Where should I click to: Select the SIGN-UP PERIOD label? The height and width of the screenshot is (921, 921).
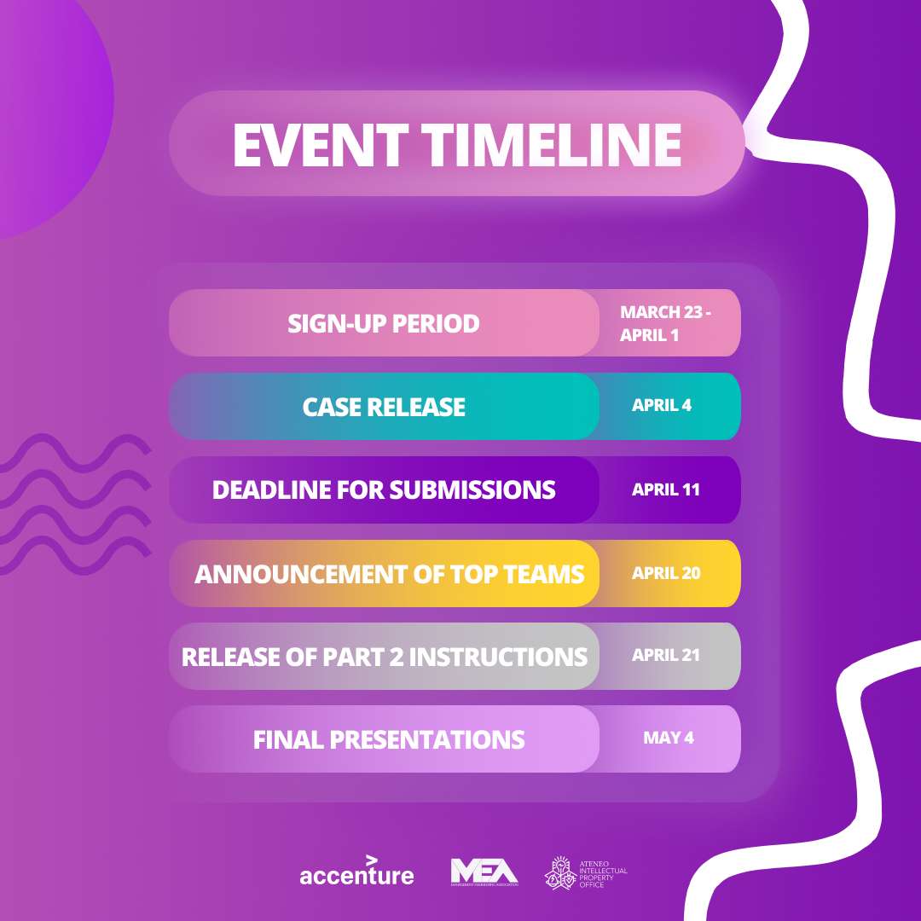tap(384, 323)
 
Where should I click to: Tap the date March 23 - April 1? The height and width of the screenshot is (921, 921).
tap(665, 323)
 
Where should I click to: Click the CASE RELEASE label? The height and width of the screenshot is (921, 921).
tap(384, 407)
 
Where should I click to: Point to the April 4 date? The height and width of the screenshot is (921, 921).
tap(662, 406)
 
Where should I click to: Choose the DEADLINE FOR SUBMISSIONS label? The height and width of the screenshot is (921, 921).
tap(384, 489)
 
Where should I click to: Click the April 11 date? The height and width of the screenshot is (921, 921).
tap(665, 490)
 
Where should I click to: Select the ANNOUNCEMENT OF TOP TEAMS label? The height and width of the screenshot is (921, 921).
tap(389, 574)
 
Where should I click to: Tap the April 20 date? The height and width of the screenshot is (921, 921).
tap(666, 574)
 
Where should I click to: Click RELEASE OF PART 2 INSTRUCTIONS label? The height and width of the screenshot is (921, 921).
tap(385, 657)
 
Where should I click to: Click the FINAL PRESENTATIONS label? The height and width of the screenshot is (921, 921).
tap(389, 739)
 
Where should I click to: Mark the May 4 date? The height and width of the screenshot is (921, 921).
tap(669, 739)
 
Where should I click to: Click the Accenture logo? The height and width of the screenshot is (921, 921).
tap(356, 874)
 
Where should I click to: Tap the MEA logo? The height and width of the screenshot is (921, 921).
tap(484, 872)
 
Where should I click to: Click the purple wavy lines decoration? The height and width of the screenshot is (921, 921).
tap(72, 503)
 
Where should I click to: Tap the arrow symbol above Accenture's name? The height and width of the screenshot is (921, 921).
tap(372, 860)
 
